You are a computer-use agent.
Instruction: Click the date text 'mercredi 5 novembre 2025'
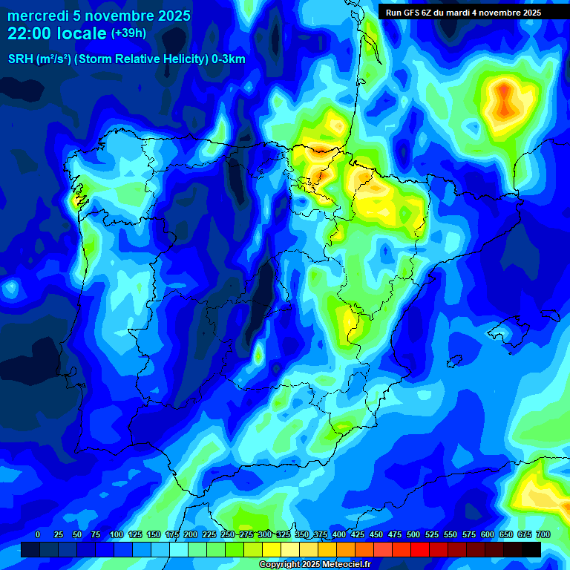99,16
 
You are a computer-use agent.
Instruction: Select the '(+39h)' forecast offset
128,33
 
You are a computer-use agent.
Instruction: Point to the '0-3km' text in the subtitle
228,59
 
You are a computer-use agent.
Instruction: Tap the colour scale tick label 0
38,534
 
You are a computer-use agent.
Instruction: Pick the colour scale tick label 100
117,534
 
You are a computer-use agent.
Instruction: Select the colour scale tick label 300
265,534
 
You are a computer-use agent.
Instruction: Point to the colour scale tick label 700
543,534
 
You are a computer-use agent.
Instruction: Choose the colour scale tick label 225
209,534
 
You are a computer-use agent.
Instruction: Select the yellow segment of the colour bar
272,549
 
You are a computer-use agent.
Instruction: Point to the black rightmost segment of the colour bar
531,549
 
